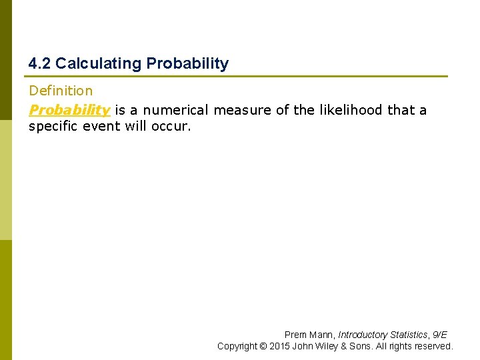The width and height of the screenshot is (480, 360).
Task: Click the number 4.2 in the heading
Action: pyautogui.click(x=39, y=64)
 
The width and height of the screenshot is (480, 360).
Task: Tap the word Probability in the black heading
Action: pyautogui.click(x=187, y=64)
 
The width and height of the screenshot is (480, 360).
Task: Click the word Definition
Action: pyautogui.click(x=61, y=91)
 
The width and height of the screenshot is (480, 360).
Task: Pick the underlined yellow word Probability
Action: pyautogui.click(x=69, y=110)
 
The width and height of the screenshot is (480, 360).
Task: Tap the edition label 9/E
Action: pyautogui.click(x=440, y=335)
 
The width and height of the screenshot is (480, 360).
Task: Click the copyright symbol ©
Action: pyautogui.click(x=263, y=347)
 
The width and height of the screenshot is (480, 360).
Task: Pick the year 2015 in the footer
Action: pyautogui.click(x=280, y=347)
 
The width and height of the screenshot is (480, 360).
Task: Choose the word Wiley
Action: pyautogui.click(x=329, y=347)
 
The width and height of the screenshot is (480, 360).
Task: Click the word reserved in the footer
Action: pyautogui.click(x=435, y=347)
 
